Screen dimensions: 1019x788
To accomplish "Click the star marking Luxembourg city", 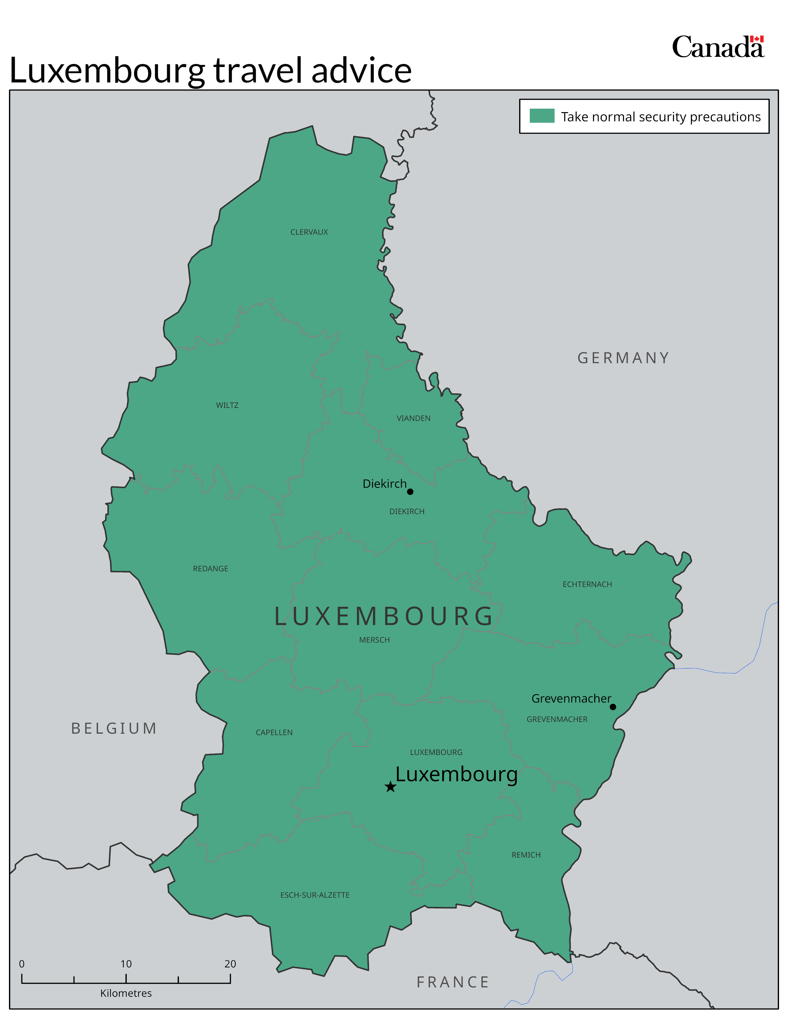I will [x=390, y=787].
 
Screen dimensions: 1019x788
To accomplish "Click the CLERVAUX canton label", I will [x=309, y=232].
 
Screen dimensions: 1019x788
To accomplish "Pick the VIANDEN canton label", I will [x=413, y=418].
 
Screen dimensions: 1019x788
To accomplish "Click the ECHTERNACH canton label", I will [x=587, y=584].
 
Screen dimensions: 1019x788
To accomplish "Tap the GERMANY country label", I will [x=623, y=358].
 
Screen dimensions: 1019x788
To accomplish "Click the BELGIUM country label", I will [x=114, y=728].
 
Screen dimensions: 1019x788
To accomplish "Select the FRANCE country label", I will [x=452, y=982].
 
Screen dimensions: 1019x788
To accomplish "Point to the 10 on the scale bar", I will [x=126, y=964].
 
